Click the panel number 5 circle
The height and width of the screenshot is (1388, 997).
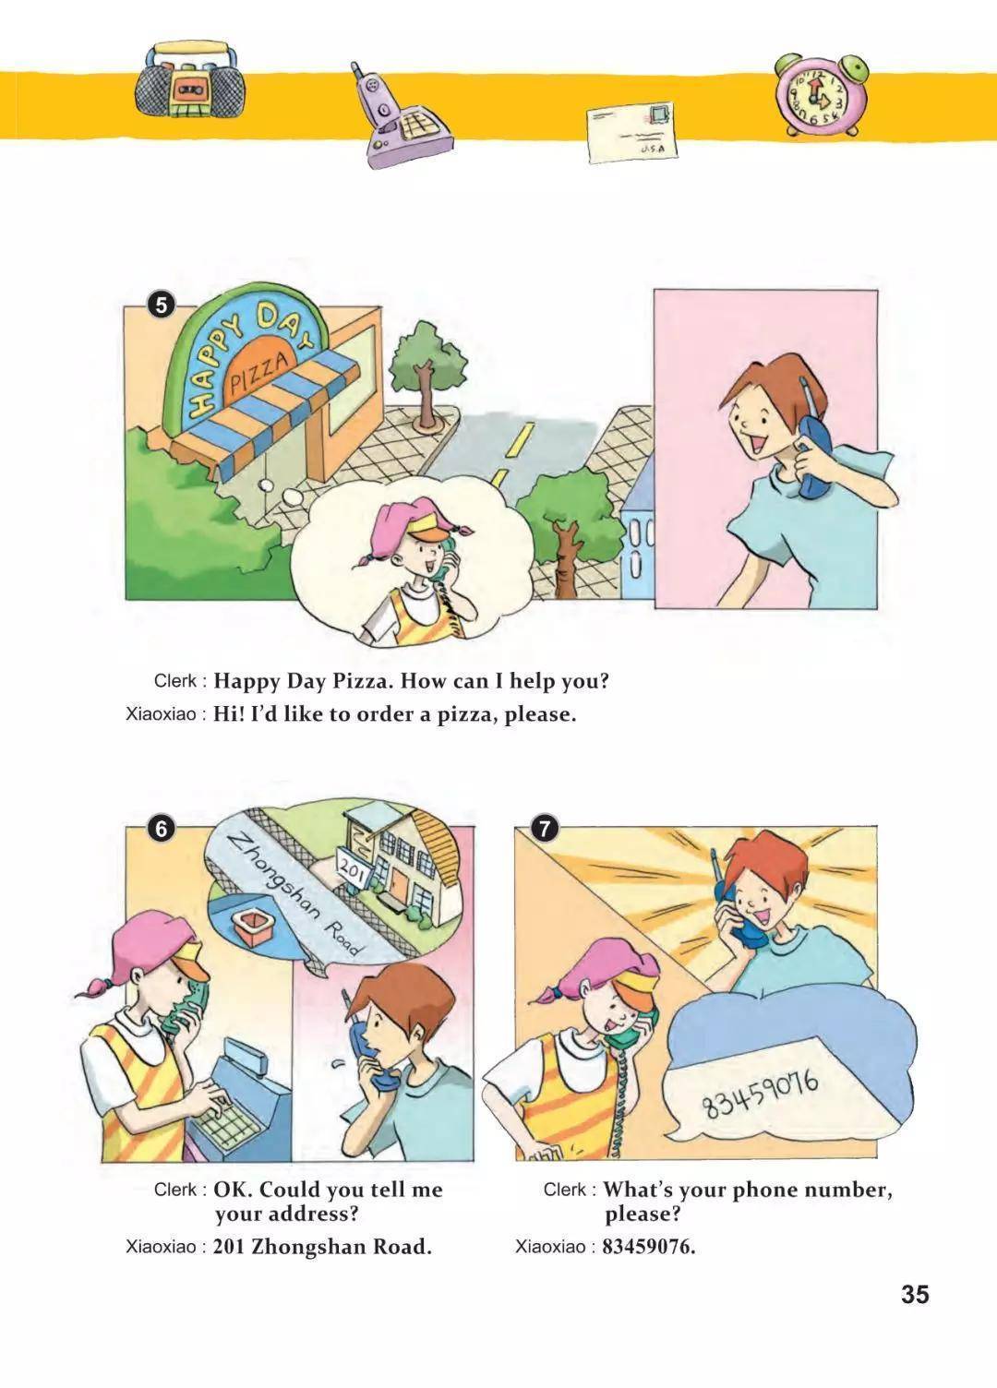pos(162,305)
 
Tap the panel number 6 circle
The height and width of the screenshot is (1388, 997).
pos(162,829)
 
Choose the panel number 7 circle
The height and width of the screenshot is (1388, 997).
pos(545,829)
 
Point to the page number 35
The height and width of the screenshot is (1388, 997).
pos(915,1295)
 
